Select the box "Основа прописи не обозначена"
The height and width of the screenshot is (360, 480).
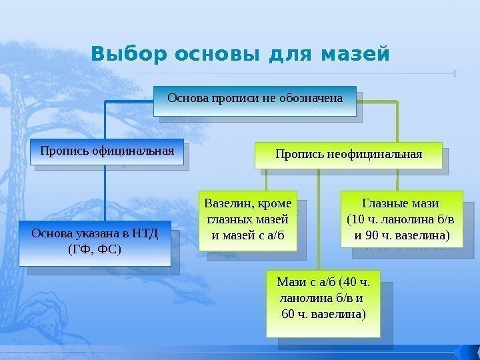click(x=255, y=99)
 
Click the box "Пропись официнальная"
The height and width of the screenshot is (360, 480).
click(x=107, y=151)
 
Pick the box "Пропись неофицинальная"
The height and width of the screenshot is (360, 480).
click(x=349, y=155)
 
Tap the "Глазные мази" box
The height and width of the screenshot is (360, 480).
click(x=401, y=219)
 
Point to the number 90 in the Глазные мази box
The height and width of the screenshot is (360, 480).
click(x=373, y=235)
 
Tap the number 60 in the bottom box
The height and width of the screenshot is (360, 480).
click(x=289, y=313)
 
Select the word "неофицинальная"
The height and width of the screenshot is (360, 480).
click(x=373, y=155)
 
